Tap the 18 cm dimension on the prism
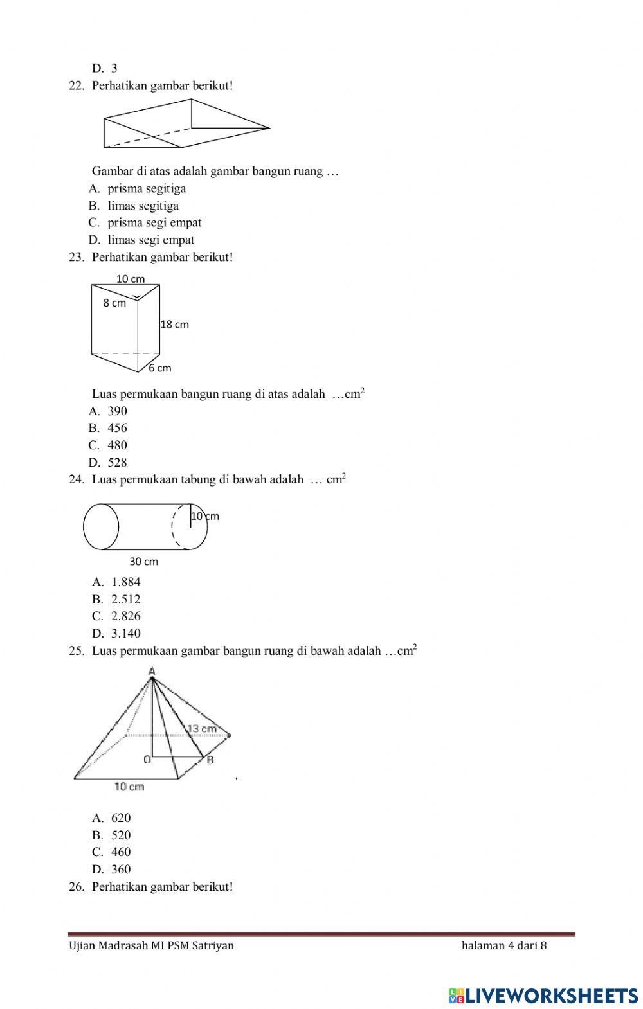[175, 325]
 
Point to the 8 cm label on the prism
[114, 303]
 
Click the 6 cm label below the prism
[160, 368]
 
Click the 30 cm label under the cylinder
[144, 562]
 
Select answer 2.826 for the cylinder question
[125, 616]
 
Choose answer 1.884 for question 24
[125, 582]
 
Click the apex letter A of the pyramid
[152, 672]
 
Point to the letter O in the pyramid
[147, 760]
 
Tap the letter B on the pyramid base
[210, 760]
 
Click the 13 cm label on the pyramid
[202, 729]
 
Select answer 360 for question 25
[120, 870]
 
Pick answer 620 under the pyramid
[120, 818]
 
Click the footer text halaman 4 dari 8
[504, 945]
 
